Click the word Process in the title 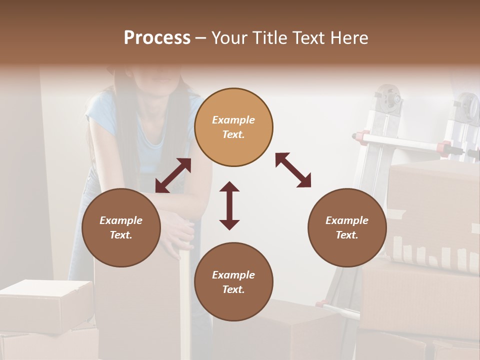click(x=157, y=38)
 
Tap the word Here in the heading click(x=350, y=38)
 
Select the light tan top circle click(x=233, y=127)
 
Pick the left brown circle click(x=121, y=228)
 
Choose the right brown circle click(x=347, y=228)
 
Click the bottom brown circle click(x=233, y=282)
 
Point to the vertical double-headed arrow click(x=229, y=205)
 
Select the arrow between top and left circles click(x=173, y=175)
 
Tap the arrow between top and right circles click(x=293, y=170)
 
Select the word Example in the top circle click(x=233, y=120)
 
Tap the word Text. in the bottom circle click(x=233, y=289)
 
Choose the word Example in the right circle click(x=347, y=220)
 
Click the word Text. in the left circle click(x=121, y=235)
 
